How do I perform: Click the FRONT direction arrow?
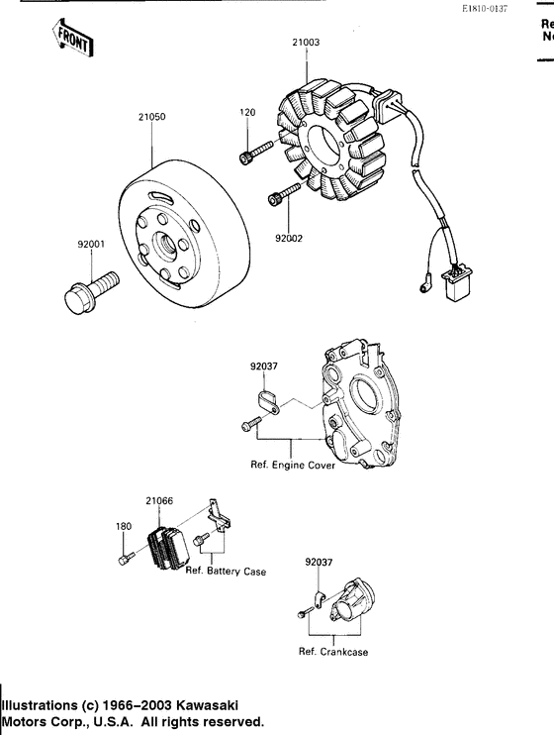[70, 39]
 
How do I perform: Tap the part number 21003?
[306, 43]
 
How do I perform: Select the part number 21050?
[151, 117]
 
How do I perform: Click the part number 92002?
[289, 238]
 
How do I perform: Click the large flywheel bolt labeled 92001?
[84, 295]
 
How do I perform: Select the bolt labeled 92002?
[285, 197]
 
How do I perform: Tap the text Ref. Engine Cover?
[294, 466]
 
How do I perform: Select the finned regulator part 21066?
[168, 546]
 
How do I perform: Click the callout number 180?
[124, 526]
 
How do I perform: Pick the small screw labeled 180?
[124, 562]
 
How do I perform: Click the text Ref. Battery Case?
[225, 571]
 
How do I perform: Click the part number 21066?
[159, 501]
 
